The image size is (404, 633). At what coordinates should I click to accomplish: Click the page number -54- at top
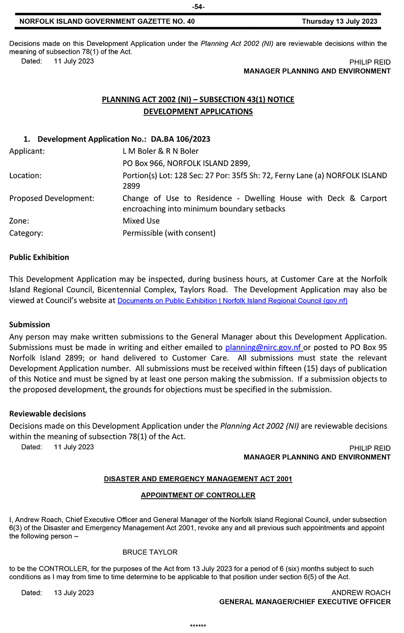(x=198, y=7)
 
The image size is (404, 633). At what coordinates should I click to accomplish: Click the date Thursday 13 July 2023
(x=339, y=21)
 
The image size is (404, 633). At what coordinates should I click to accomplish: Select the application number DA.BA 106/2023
(x=180, y=139)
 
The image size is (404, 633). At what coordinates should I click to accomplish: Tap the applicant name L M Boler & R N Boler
(x=161, y=151)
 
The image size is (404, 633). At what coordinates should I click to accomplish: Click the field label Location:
(x=25, y=176)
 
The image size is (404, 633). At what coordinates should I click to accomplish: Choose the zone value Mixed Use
(x=141, y=221)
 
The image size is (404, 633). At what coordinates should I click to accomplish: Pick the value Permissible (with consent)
(x=169, y=233)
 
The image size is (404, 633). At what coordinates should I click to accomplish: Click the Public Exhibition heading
(x=39, y=257)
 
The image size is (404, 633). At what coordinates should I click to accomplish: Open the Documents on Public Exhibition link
(x=232, y=301)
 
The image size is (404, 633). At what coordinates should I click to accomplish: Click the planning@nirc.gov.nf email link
(x=263, y=347)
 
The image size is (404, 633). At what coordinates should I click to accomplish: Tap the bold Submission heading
(x=30, y=325)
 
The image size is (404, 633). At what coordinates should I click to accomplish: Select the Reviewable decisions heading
(x=48, y=414)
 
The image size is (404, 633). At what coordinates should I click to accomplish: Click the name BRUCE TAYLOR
(x=150, y=552)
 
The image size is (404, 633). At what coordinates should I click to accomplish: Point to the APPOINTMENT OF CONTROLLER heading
(x=198, y=495)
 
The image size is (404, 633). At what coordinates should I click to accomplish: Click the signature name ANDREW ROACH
(x=361, y=593)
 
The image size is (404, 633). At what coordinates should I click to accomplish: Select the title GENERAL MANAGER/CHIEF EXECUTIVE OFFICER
(x=305, y=602)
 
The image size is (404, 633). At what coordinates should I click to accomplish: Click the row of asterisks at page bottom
(x=198, y=626)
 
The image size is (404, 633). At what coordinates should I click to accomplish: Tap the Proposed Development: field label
(x=52, y=198)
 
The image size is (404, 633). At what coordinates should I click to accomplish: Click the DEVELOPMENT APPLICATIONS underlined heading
(x=198, y=111)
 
